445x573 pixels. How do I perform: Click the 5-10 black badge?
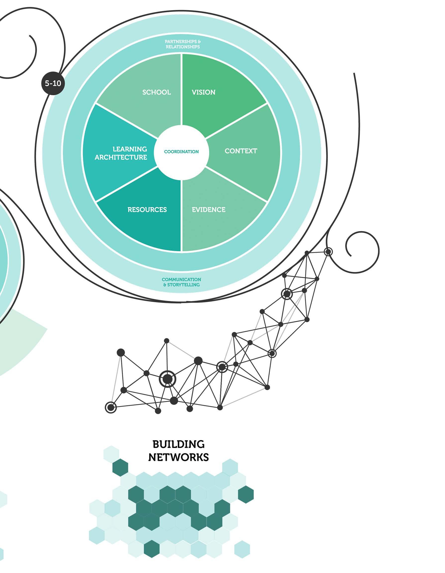pyautogui.click(x=53, y=83)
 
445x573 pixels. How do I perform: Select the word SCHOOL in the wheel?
pyautogui.click(x=157, y=92)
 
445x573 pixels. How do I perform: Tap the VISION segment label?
pyautogui.click(x=204, y=92)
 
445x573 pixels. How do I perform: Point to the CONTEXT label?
pyautogui.click(x=241, y=151)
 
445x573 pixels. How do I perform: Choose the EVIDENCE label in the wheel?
pyautogui.click(x=209, y=210)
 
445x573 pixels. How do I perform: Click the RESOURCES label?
pyautogui.click(x=147, y=210)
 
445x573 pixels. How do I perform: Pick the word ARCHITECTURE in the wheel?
pyautogui.click(x=121, y=157)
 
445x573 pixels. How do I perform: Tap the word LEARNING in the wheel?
pyautogui.click(x=130, y=149)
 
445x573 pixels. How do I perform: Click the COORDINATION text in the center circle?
pyautogui.click(x=181, y=152)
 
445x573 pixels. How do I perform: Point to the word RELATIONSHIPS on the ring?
pyautogui.click(x=183, y=47)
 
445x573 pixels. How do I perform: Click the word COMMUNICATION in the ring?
pyautogui.click(x=181, y=280)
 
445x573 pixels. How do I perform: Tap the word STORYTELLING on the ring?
pyautogui.click(x=183, y=285)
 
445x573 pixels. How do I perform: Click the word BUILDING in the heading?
pyautogui.click(x=178, y=444)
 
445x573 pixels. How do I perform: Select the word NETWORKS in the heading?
pyautogui.click(x=178, y=457)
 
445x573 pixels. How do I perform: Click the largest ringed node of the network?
pyautogui.click(x=168, y=379)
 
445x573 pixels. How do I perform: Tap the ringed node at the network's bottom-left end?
pyautogui.click(x=111, y=408)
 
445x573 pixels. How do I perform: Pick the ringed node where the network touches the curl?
pyautogui.click(x=328, y=252)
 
